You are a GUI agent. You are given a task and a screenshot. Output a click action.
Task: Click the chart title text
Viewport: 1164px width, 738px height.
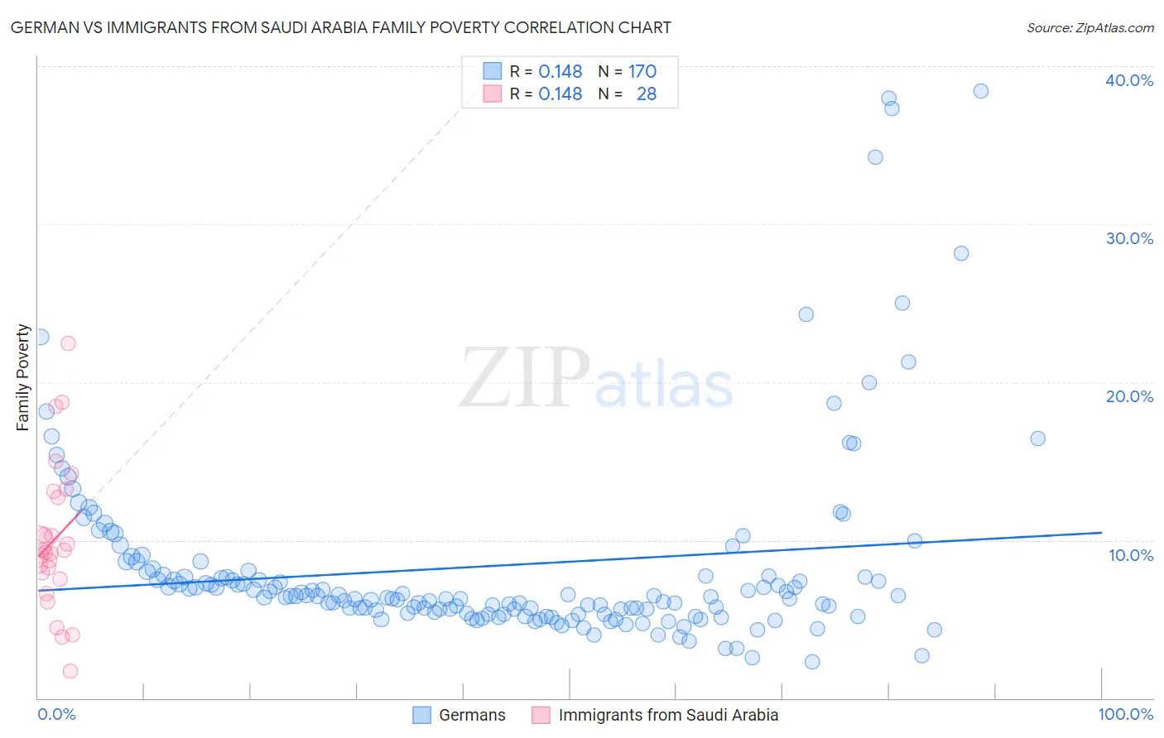[x=340, y=27]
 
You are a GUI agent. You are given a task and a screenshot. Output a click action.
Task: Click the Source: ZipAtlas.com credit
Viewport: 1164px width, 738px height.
[x=1089, y=27]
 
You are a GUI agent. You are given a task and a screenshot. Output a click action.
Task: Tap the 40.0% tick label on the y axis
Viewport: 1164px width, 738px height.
[x=1128, y=80]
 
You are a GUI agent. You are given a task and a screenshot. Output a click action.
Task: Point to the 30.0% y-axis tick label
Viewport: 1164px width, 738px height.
[x=1128, y=238]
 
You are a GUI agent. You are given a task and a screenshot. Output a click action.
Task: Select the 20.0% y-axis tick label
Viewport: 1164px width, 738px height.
[x=1128, y=396]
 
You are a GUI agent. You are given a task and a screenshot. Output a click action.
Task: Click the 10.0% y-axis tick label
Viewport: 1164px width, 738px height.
[x=1130, y=555]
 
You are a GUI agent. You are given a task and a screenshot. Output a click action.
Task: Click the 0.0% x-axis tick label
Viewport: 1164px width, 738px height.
[x=56, y=714]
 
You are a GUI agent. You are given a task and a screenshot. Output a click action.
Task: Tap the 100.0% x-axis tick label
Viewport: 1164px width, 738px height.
[x=1125, y=714]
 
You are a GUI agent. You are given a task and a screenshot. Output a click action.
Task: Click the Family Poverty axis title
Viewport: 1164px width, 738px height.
[x=23, y=377]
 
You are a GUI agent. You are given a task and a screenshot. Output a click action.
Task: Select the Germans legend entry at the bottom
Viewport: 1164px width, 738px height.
[x=471, y=715]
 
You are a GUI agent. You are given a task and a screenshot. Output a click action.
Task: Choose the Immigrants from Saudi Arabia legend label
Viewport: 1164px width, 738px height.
[x=668, y=715]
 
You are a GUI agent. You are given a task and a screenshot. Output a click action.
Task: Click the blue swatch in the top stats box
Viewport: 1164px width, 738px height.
[x=493, y=72]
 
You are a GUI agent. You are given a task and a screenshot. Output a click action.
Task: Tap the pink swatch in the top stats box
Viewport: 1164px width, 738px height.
[x=493, y=94]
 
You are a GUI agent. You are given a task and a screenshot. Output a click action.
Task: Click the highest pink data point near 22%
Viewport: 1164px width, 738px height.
[x=68, y=343]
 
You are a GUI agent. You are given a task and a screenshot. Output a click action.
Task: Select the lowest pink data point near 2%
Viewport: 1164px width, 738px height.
[x=70, y=671]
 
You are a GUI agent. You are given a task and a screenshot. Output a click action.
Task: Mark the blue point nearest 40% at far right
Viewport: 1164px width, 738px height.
[x=980, y=91]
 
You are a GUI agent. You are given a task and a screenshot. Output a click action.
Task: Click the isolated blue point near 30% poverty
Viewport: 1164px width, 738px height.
[x=960, y=253]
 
